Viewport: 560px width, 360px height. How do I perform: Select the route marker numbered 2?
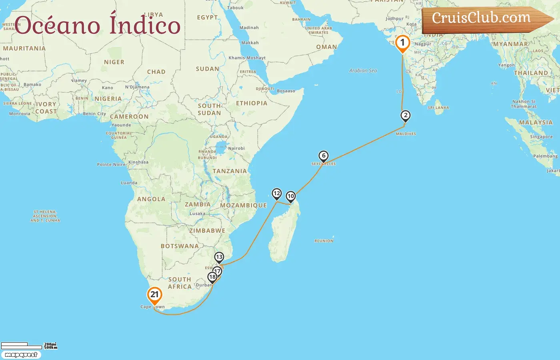pyautogui.click(x=406, y=116)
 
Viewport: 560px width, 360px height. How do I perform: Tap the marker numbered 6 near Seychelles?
pyautogui.click(x=324, y=156)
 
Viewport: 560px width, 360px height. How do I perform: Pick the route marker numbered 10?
pyautogui.click(x=291, y=196)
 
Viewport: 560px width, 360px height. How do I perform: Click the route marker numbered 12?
pyautogui.click(x=277, y=194)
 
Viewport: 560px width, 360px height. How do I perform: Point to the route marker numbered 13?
pyautogui.click(x=219, y=257)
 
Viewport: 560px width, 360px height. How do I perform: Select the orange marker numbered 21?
pyautogui.click(x=154, y=295)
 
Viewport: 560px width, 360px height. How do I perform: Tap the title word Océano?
pyautogui.click(x=57, y=26)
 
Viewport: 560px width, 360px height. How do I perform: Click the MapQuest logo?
pyautogui.click(x=21, y=355)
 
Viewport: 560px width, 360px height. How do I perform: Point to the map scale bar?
pyautogui.click(x=22, y=346)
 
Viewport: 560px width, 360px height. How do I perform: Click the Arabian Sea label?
pyautogui.click(x=363, y=71)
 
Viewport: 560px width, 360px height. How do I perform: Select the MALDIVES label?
pyautogui.click(x=406, y=134)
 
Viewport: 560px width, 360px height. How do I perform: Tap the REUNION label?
pyautogui.click(x=324, y=241)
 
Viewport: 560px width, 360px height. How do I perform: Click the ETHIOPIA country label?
pyautogui.click(x=251, y=103)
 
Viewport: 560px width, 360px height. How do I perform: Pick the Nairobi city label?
pyautogui.click(x=236, y=148)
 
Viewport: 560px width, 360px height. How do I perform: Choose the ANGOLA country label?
pyautogui.click(x=151, y=199)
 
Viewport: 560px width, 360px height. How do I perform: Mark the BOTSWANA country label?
pyautogui.click(x=180, y=246)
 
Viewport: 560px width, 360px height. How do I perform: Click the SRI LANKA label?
pyautogui.click(x=438, y=108)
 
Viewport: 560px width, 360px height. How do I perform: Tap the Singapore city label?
pyautogui.click(x=541, y=137)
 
